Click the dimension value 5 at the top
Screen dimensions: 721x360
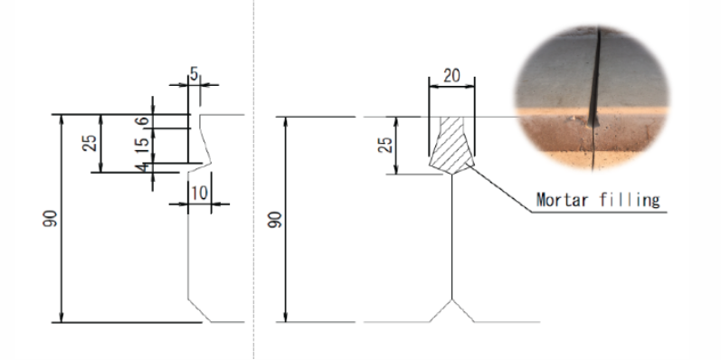194,73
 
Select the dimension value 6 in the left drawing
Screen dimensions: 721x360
143,121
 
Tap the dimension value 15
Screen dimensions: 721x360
143,145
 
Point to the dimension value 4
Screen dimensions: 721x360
145,168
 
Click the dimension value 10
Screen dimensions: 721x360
199,194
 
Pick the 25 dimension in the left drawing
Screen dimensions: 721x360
90,143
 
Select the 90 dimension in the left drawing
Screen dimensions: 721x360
50,218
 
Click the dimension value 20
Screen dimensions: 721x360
451,75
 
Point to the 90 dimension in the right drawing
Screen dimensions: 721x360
274,219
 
